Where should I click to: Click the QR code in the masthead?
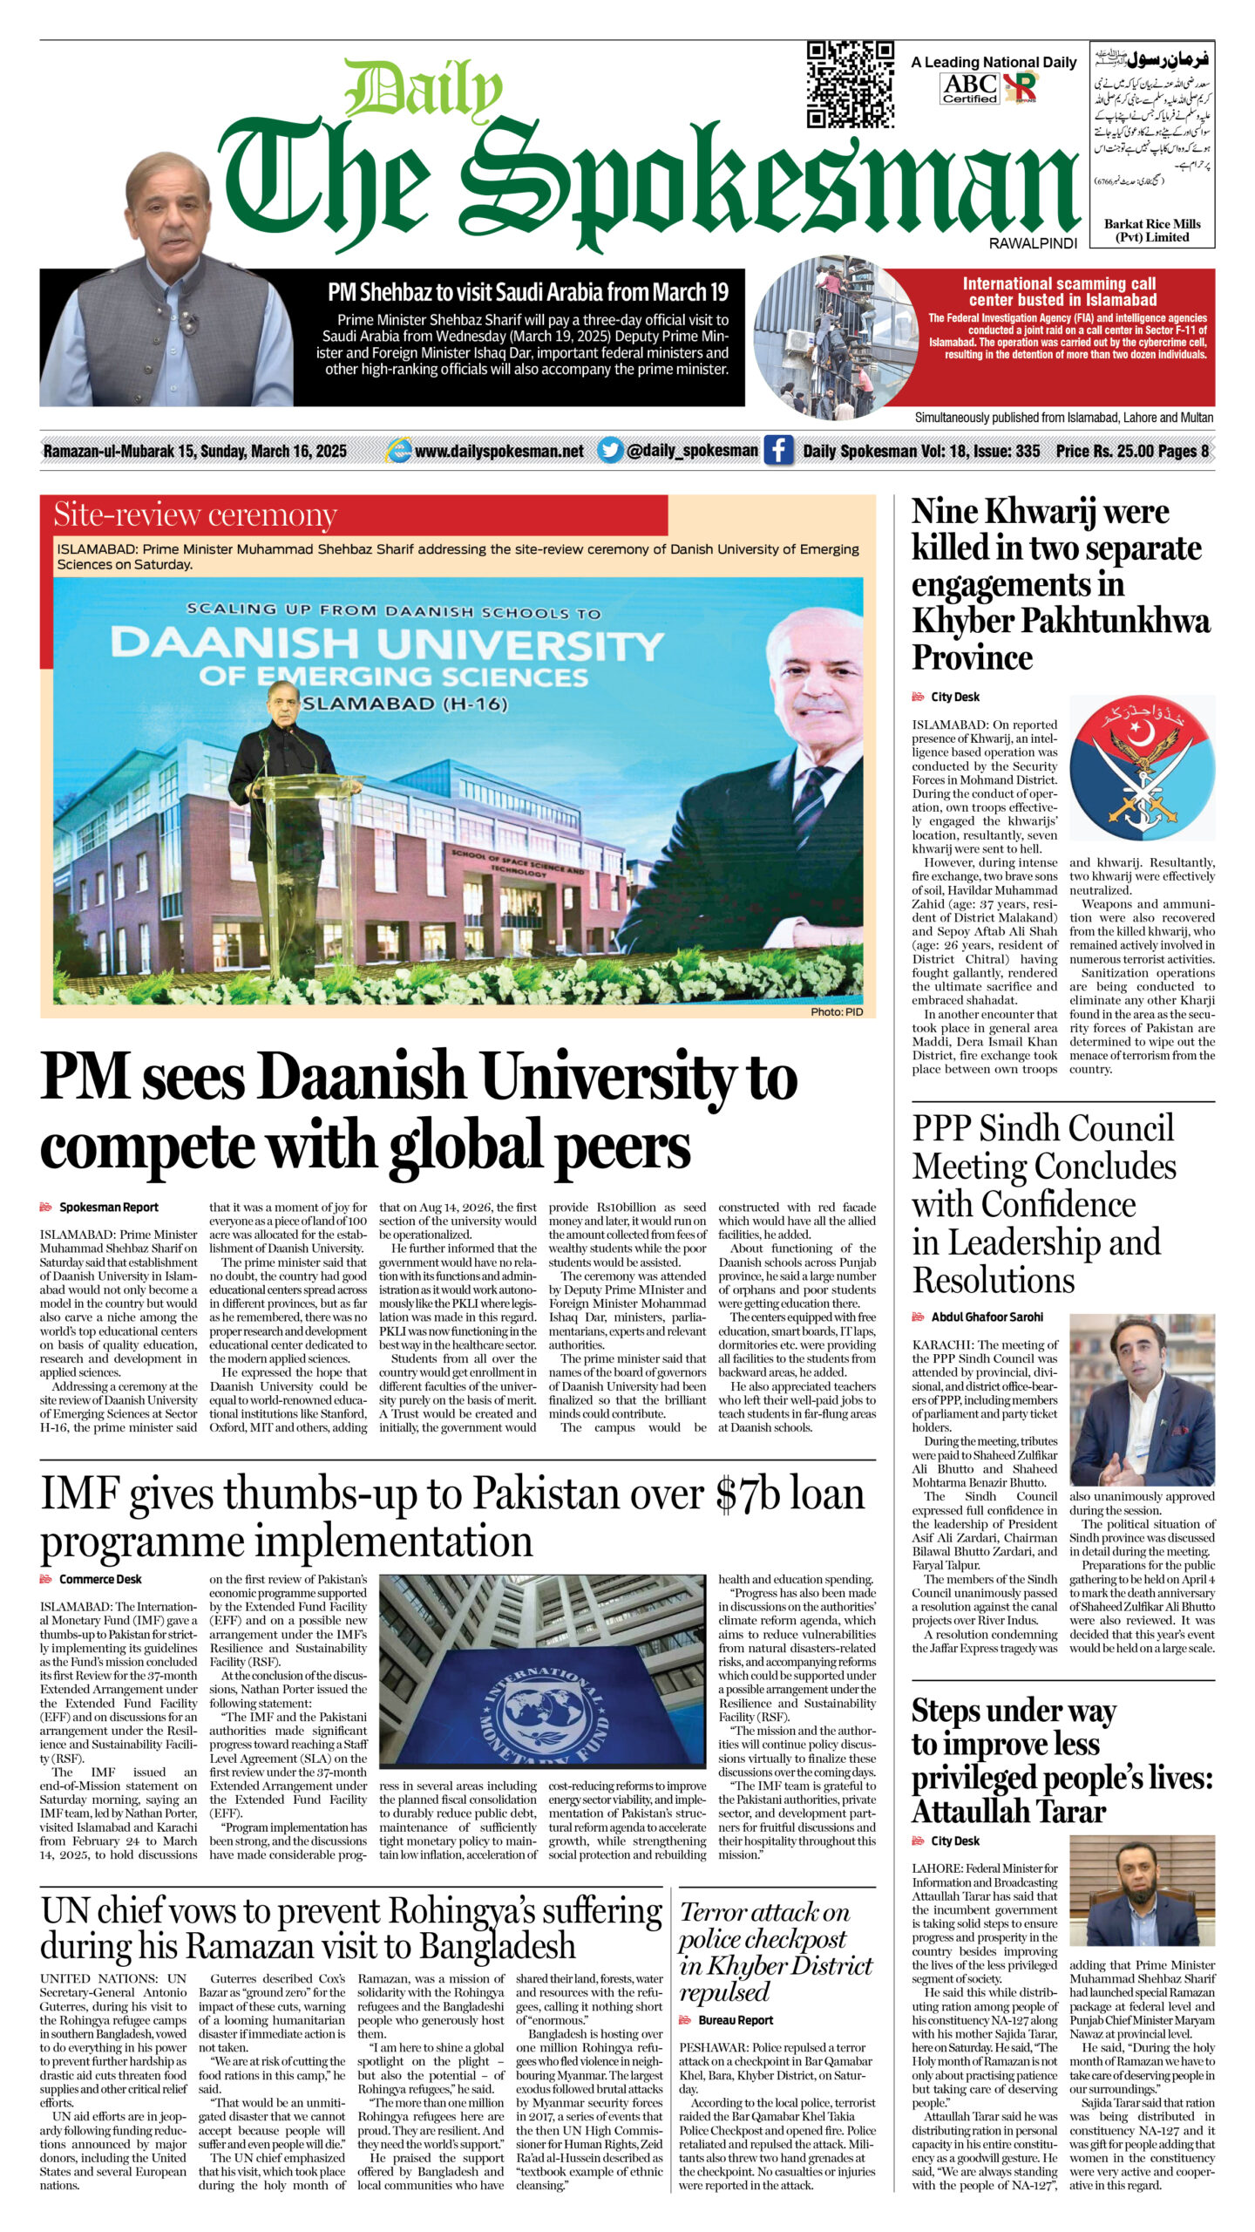tap(850, 85)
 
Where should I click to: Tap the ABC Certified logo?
tap(970, 88)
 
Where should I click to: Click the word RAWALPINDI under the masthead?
tap(1033, 244)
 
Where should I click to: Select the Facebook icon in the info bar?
tap(778, 451)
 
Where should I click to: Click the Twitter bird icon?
tap(610, 451)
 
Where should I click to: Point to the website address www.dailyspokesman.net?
tap(499, 451)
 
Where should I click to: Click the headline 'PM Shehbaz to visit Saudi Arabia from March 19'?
tap(527, 292)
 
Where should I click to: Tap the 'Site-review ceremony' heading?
tap(195, 515)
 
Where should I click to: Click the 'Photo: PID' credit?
tap(836, 1011)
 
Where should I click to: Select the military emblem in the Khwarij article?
tap(1142, 767)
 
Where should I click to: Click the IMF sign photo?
tap(542, 1684)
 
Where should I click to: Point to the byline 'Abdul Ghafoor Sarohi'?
tap(987, 1317)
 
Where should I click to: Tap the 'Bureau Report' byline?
tap(736, 2020)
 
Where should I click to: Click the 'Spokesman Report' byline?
tap(108, 1208)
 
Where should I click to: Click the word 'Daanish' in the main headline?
tap(363, 1078)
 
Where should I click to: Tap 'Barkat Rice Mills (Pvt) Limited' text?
tap(1152, 230)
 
